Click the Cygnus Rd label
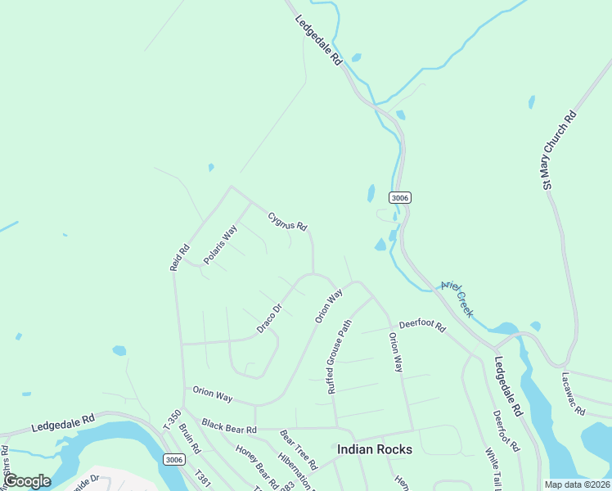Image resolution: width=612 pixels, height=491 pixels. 287,221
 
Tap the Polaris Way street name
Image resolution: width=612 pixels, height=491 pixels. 220,244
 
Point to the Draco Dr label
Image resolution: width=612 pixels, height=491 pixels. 269,318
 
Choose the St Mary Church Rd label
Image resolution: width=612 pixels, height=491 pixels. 560,151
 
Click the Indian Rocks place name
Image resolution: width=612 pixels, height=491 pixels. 375,450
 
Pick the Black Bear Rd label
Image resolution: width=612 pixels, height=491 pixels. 229,427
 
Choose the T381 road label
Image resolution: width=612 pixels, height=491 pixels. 203,480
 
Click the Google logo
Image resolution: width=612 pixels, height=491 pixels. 27,481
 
